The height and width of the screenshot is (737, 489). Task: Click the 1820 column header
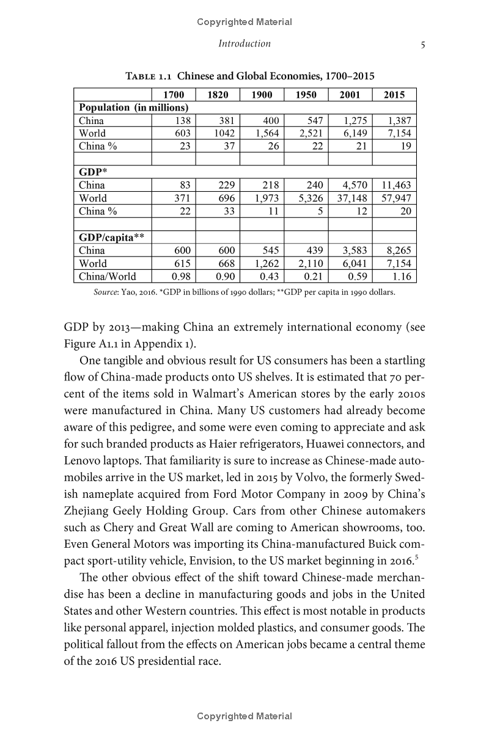218,95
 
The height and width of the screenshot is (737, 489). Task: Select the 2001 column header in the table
350,95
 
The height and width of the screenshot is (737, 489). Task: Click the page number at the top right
414,43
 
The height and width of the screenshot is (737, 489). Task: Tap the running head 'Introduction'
244,43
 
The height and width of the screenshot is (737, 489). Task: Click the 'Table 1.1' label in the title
149,76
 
